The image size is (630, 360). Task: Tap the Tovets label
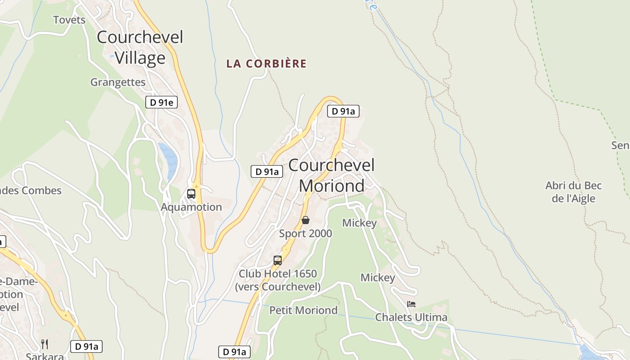[69, 20]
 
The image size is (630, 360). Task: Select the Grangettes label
[118, 82]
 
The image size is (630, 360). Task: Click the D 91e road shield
[162, 102]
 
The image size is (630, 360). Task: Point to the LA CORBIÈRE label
[266, 63]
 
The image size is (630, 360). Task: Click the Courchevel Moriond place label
[332, 175]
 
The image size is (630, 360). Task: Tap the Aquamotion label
[191, 207]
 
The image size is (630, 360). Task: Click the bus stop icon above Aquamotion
[191, 194]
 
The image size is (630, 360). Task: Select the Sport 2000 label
[306, 234]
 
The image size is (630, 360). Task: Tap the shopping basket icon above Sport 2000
[306, 220]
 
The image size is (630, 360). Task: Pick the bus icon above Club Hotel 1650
[278, 261]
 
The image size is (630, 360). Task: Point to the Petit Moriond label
[303, 310]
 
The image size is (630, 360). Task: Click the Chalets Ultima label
[411, 317]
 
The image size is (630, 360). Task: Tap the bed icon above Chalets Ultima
[411, 304]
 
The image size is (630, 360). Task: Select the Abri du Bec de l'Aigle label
[573, 192]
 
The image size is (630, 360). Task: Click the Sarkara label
[44, 356]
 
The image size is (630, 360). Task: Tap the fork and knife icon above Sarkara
[45, 344]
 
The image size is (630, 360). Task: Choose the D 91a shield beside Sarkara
[87, 346]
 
